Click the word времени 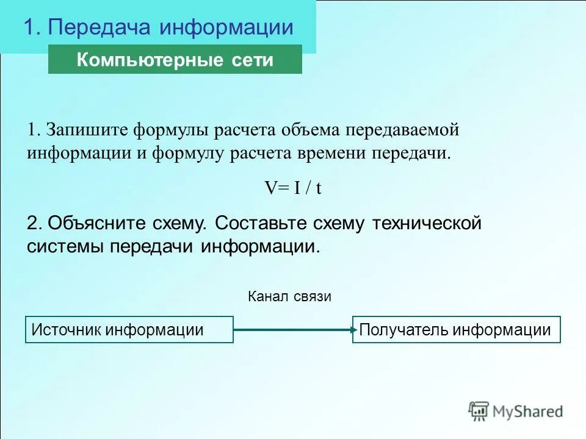coord(333,152)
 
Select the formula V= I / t coord(292,188)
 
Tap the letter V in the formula coord(269,188)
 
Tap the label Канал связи coord(289,297)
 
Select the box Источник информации coord(129,330)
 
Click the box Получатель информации coord(456,330)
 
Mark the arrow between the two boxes coord(293,330)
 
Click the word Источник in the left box coord(66,330)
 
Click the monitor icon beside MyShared coord(479,411)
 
